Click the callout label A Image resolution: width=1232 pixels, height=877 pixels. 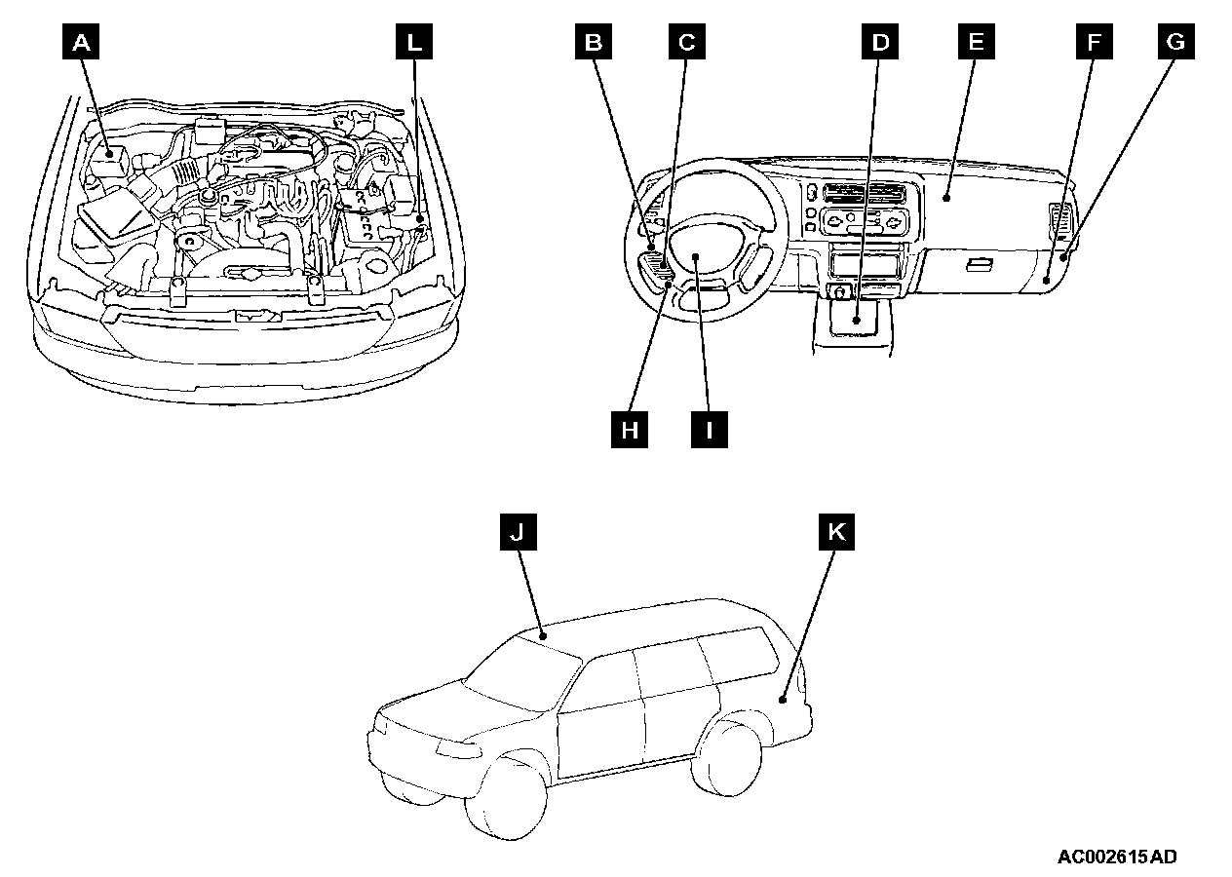coord(83,42)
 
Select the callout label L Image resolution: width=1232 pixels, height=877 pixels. coord(414,42)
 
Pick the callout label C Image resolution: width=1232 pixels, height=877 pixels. coord(686,42)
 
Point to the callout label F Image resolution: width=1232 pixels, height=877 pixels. coord(1095,42)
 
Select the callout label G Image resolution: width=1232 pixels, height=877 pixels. coord(1176,42)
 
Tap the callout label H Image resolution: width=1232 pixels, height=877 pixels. coord(630,429)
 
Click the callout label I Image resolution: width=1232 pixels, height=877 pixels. coord(710,429)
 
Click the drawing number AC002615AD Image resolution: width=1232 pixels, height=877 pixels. coord(1117,858)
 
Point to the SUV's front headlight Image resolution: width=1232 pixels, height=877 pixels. coord(456,749)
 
